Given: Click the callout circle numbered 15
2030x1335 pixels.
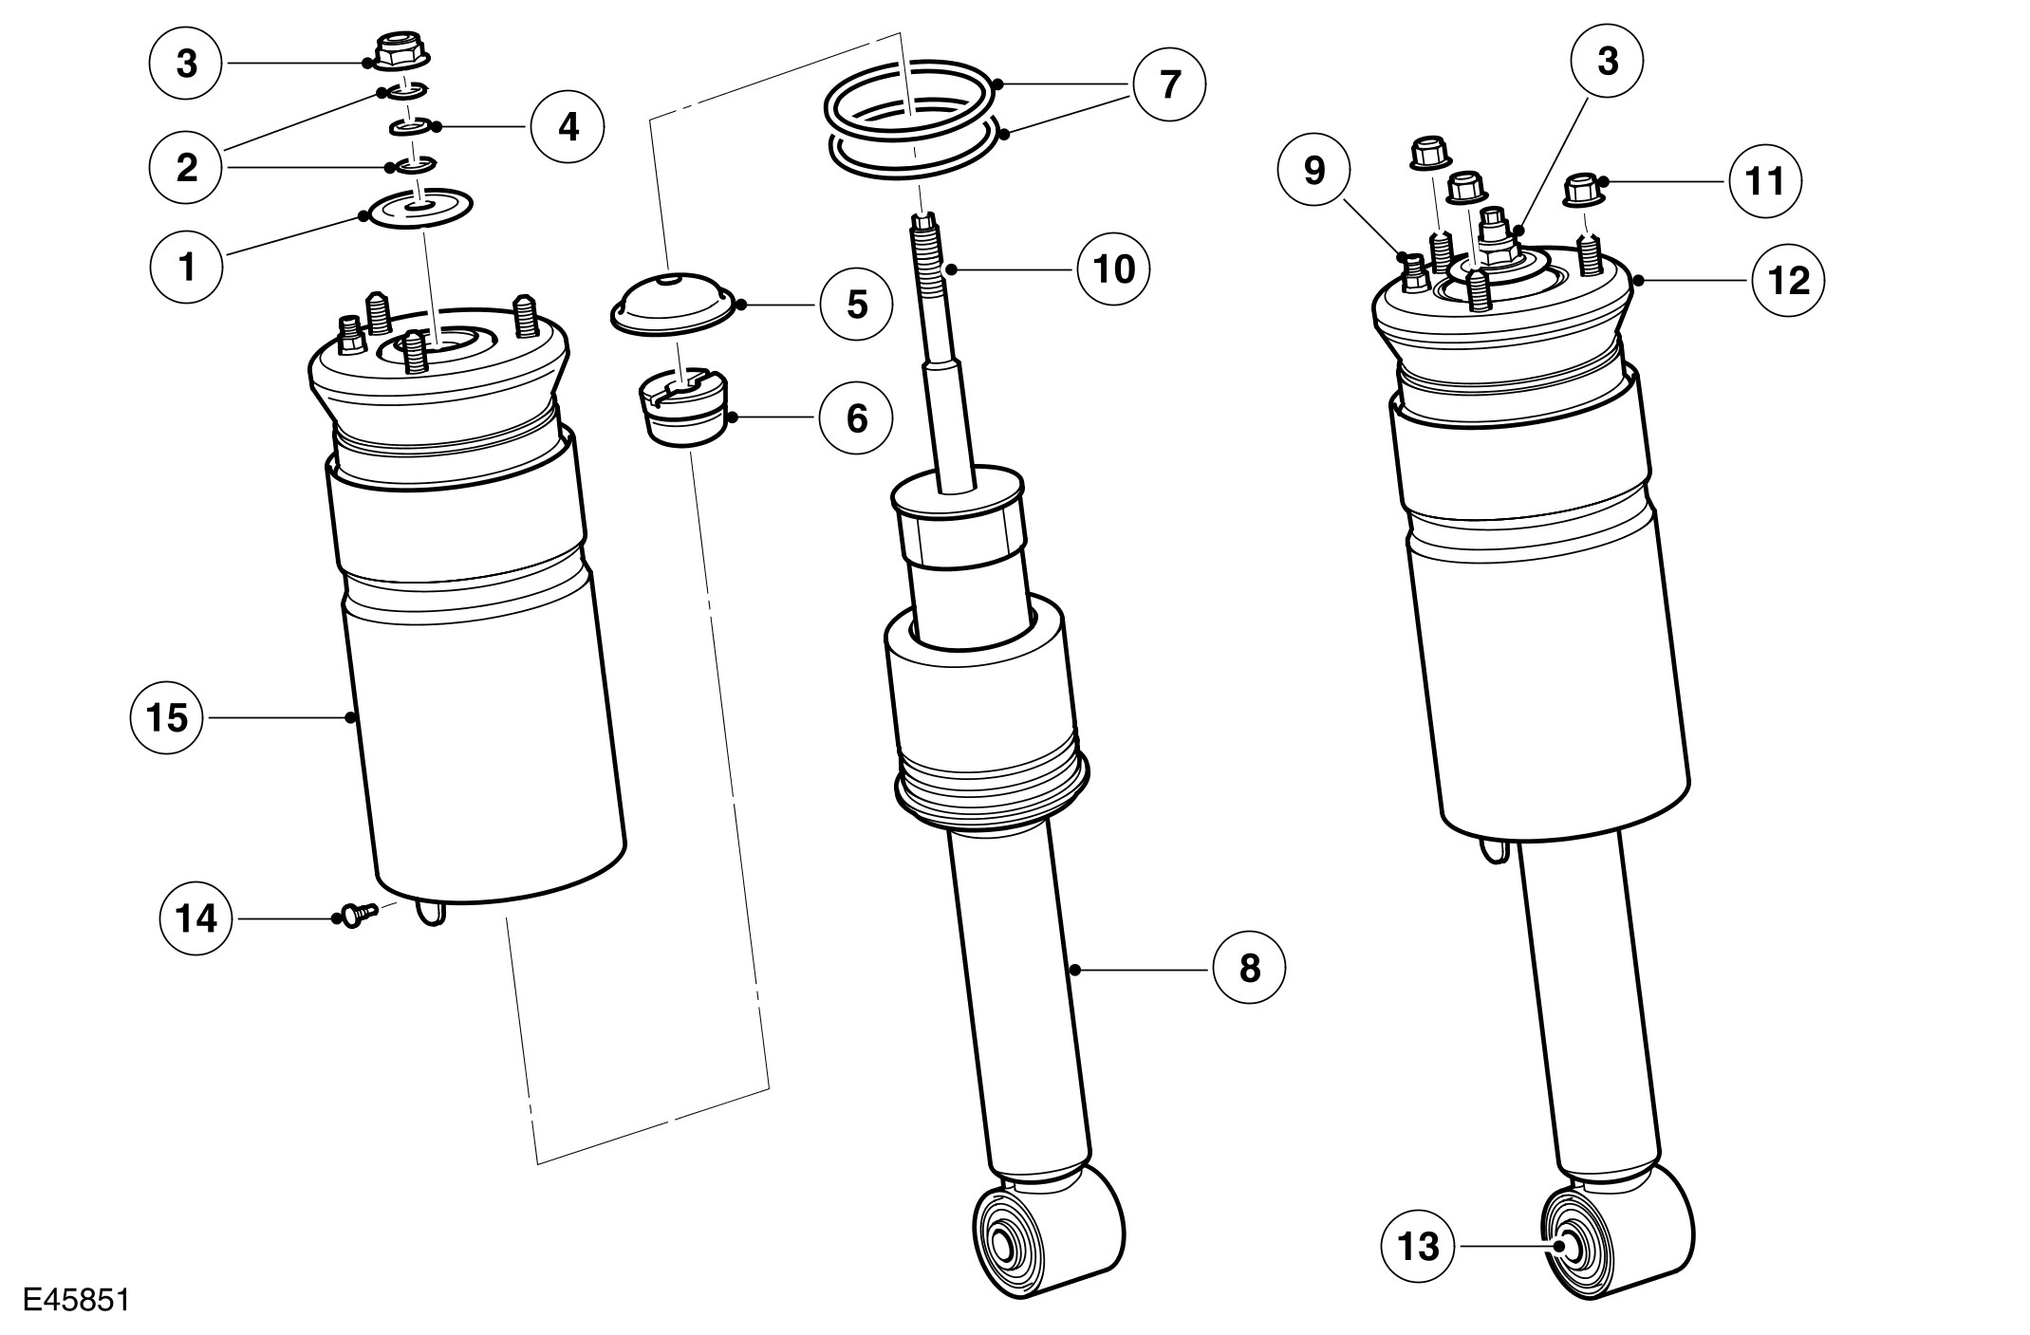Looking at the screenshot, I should [167, 718].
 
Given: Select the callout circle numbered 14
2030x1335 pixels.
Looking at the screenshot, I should [196, 918].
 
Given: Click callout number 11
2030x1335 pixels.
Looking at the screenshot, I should [1765, 180].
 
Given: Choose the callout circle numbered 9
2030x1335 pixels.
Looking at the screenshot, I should [1314, 172].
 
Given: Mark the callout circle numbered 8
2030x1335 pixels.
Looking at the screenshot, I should [1249, 969].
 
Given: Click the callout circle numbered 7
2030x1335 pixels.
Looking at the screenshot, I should [1170, 85].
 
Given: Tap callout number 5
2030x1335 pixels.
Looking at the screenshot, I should [857, 305].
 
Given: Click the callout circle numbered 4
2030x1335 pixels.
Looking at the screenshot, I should [568, 126].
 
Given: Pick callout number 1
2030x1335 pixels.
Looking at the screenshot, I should [187, 268].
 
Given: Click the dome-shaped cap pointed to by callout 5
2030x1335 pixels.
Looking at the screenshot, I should [672, 303].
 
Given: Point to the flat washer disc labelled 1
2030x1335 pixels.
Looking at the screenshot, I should [419, 208].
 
